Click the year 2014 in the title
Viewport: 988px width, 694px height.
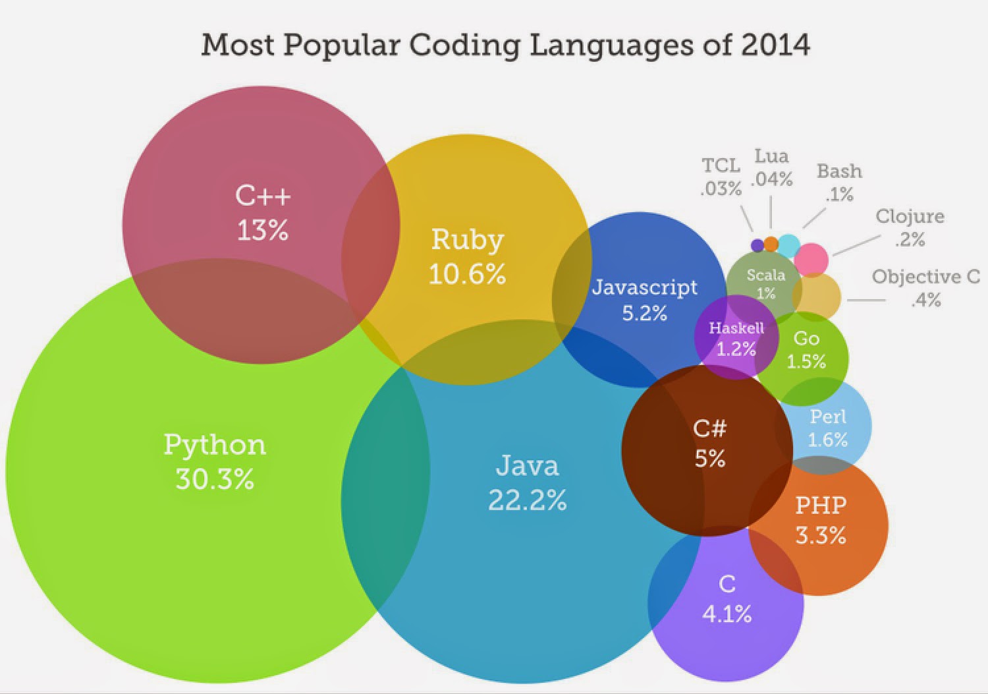point(775,45)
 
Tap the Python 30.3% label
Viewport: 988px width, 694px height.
point(215,461)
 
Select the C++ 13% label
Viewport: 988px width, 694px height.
point(263,213)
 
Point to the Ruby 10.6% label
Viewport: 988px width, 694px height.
point(467,256)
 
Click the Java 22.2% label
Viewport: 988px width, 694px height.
point(527,482)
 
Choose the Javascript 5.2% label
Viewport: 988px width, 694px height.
point(644,299)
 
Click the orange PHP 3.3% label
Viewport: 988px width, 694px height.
point(821,520)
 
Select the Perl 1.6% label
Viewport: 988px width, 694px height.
point(828,428)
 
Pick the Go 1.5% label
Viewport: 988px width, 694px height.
point(806,350)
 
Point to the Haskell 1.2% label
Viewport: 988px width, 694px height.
point(736,338)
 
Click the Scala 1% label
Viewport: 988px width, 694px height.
point(765,283)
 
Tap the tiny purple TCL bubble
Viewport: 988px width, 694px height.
point(757,245)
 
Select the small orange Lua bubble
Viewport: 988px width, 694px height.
point(771,245)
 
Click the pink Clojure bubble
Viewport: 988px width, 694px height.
point(811,259)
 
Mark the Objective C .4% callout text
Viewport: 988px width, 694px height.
point(925,288)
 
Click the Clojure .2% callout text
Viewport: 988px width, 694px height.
point(910,227)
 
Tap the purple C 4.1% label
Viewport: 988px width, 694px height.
point(727,598)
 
